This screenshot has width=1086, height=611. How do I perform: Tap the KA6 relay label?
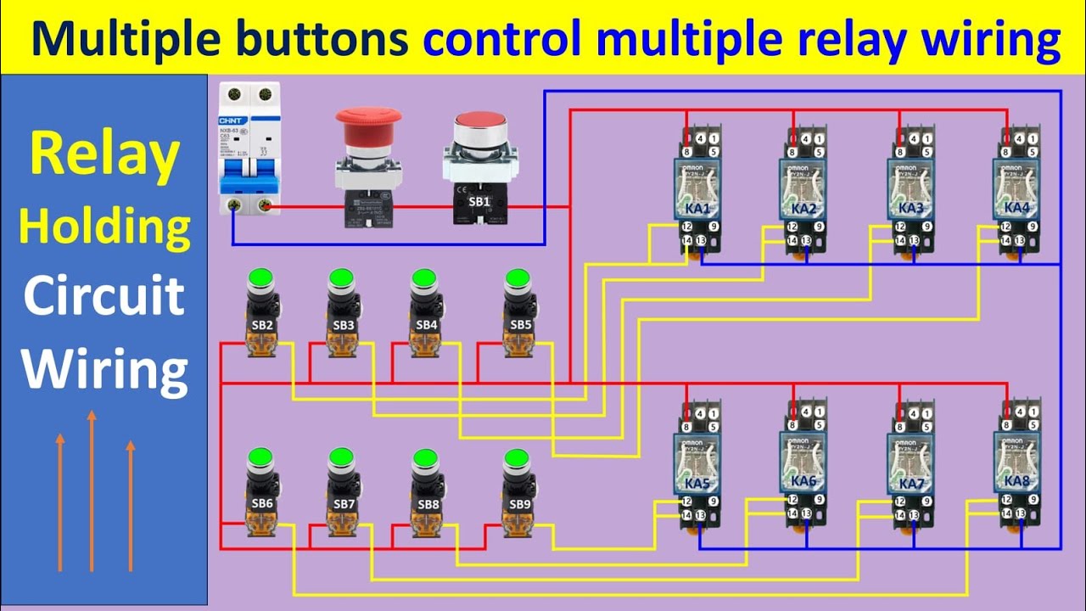[x=803, y=481]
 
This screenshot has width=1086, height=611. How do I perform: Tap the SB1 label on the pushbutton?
[x=479, y=201]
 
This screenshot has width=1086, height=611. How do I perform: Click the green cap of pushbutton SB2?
[x=260, y=277]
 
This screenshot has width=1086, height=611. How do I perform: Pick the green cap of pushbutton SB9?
[x=516, y=459]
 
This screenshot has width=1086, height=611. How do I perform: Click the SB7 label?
[x=344, y=504]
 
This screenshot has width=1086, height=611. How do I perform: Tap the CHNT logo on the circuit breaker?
[x=232, y=120]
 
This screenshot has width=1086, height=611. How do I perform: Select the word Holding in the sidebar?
[x=104, y=227]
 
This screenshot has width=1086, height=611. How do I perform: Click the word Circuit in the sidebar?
[x=104, y=296]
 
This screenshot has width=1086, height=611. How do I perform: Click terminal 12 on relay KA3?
[x=898, y=227]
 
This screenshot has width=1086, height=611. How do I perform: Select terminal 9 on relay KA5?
[x=714, y=501]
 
